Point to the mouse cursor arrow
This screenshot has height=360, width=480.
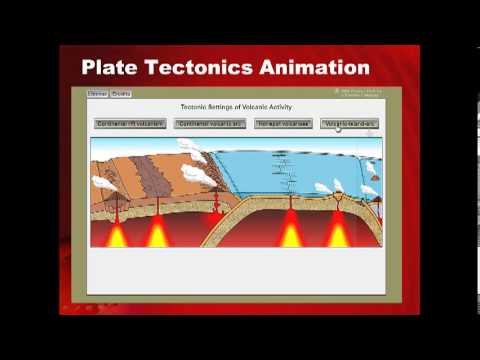338,127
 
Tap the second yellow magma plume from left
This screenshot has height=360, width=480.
157,235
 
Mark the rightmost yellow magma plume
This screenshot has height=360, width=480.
339,234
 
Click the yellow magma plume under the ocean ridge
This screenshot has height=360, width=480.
290,234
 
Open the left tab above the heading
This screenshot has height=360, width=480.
98,94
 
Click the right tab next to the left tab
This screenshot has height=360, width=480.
120,94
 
